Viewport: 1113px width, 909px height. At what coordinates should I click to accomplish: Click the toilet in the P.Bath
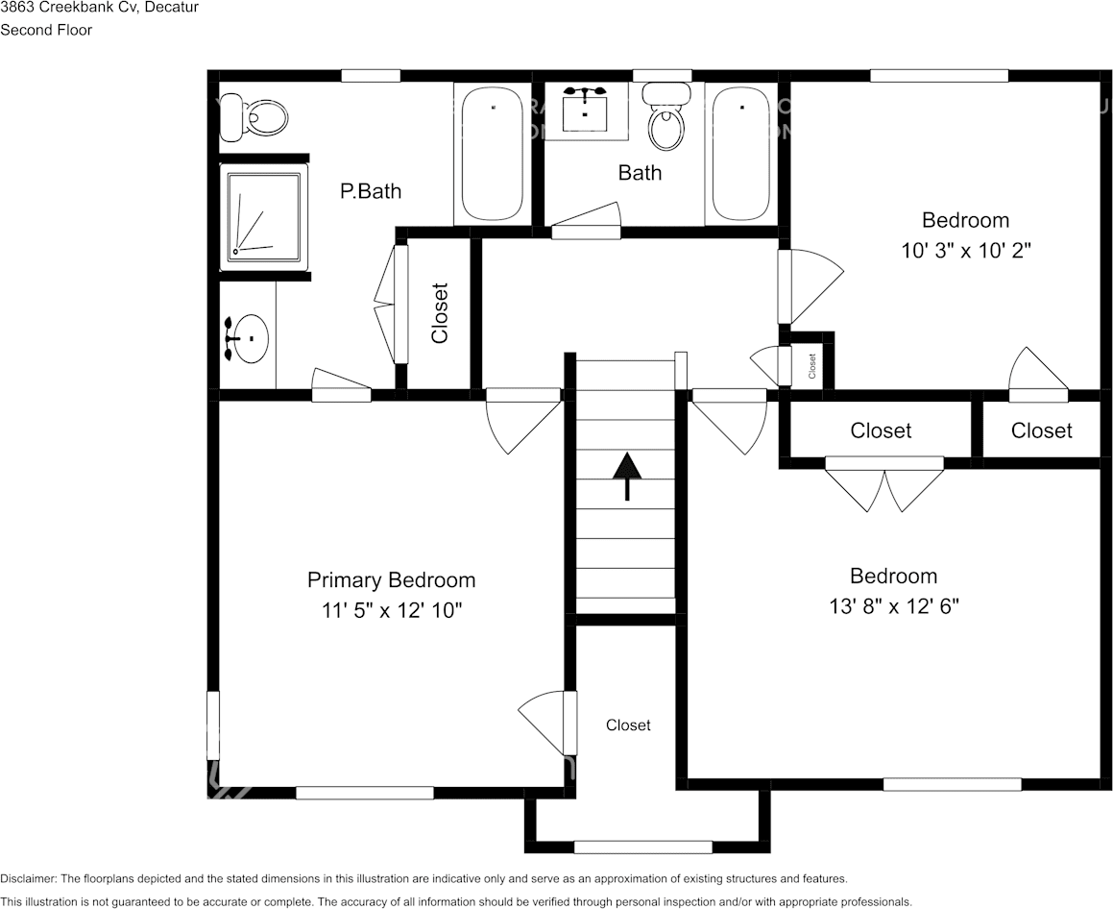[253, 119]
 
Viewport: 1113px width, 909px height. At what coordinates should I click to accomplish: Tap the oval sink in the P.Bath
[249, 338]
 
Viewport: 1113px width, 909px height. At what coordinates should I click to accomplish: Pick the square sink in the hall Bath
[584, 111]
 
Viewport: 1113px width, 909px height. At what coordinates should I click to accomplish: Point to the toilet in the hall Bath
[666, 119]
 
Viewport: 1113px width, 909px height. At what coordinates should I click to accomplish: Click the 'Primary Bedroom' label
[391, 580]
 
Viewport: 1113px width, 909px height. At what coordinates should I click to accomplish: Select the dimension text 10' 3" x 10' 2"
[965, 251]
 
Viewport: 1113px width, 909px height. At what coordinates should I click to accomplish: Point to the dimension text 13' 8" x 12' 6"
[893, 606]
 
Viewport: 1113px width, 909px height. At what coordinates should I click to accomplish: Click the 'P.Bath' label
[371, 191]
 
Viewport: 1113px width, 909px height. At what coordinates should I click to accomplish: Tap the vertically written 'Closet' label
[440, 312]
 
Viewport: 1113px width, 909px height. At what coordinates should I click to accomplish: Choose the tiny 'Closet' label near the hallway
[811, 364]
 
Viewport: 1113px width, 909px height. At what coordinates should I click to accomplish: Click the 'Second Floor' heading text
[46, 30]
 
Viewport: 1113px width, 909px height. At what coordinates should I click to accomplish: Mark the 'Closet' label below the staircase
[628, 725]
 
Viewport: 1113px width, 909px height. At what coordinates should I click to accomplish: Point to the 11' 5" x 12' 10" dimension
[392, 610]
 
